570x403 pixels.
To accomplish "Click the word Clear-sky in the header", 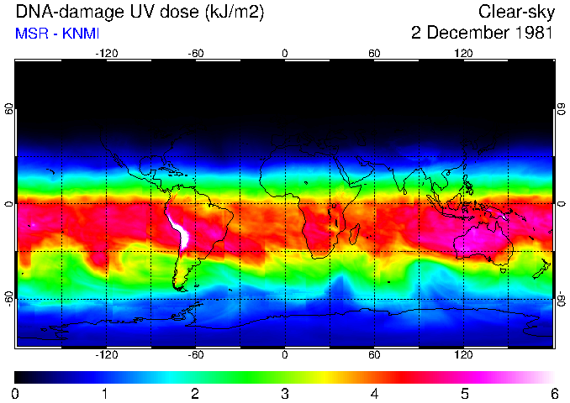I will coord(515,12).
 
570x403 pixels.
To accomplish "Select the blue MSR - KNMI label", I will coord(57,34).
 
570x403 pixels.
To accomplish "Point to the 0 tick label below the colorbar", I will coord(16,393).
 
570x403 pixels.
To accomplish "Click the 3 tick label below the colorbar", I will coord(284,393).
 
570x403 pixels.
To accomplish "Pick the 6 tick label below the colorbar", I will coord(553,393).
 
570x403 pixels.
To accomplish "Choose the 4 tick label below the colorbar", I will coord(374,393).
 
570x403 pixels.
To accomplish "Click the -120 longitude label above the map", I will coord(106,52).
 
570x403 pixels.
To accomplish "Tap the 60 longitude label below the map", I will coord(374,355).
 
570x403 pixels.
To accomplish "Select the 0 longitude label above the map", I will coord(285,52).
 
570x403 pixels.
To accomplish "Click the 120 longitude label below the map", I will coord(463,355).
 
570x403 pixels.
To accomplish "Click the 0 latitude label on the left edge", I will coord(8,203).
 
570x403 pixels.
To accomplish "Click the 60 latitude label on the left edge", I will coord(8,110).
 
